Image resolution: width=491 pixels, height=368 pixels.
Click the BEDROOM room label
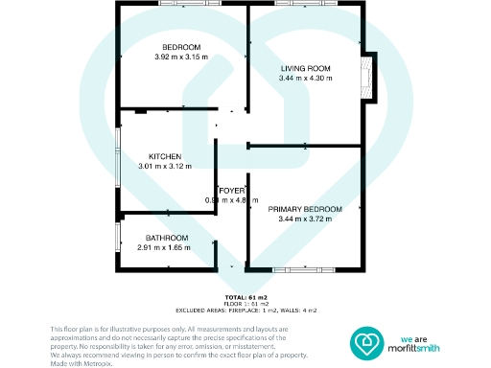coord(180,48)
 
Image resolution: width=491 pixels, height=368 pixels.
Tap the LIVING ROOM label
coord(305,68)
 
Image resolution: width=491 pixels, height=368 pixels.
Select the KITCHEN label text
coord(165,156)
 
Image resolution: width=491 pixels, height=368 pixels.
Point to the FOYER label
coord(232,191)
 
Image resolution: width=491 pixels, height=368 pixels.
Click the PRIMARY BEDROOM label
coord(305,209)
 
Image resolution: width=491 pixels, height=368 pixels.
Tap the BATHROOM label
coord(167,238)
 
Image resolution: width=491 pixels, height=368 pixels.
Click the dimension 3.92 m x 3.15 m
coord(180,57)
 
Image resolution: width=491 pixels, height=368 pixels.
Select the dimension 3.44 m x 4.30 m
coord(305,78)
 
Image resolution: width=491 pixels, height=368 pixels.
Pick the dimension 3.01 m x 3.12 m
coord(165,166)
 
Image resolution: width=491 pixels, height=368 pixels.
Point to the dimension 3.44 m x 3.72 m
coord(305,218)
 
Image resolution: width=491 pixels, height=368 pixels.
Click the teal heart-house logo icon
coord(365,341)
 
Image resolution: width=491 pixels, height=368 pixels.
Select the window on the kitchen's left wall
coord(117,153)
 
